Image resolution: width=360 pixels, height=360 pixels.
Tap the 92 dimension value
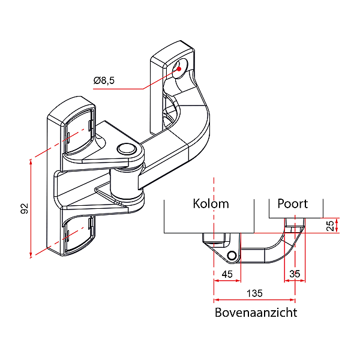[x=25, y=209]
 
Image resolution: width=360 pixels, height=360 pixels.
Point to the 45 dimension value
[x=227, y=274]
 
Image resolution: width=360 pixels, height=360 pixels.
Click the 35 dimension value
[x=295, y=274]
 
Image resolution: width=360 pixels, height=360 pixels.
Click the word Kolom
[x=211, y=203]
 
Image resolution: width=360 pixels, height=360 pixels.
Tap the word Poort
[x=292, y=203]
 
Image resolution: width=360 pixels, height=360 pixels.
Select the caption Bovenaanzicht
[x=256, y=313]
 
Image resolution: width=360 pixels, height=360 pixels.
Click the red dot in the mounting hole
[x=178, y=70]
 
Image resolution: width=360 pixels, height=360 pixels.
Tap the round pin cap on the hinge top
[x=126, y=149]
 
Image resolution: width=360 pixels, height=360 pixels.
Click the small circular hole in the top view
[x=232, y=256]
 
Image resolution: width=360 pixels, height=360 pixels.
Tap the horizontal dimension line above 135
[x=254, y=299]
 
